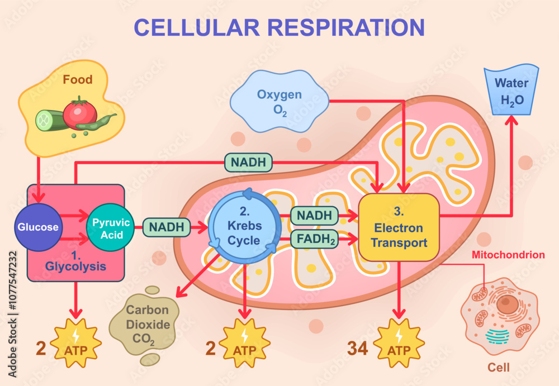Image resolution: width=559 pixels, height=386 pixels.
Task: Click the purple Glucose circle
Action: pyautogui.click(x=37, y=227)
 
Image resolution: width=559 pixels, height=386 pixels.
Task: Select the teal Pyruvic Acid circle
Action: pyautogui.click(x=111, y=227)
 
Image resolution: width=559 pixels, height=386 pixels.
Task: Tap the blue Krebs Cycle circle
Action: pyautogui.click(x=244, y=227)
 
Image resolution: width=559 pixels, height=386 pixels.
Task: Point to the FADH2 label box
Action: pyautogui.click(x=314, y=239)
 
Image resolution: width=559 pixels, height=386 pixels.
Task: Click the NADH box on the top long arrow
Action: pyautogui.click(x=249, y=163)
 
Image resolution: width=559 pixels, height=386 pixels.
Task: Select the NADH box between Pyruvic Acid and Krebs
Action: pyautogui.click(x=165, y=227)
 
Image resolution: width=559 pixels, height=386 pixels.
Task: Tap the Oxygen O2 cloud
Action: pyautogui.click(x=279, y=102)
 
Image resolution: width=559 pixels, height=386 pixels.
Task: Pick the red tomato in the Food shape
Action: pyautogui.click(x=80, y=114)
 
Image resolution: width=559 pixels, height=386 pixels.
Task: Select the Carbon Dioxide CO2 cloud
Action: pyautogui.click(x=147, y=324)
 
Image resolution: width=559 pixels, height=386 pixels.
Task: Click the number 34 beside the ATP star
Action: pyautogui.click(x=358, y=348)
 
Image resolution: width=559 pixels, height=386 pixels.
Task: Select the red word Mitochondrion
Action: pyautogui.click(x=508, y=255)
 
